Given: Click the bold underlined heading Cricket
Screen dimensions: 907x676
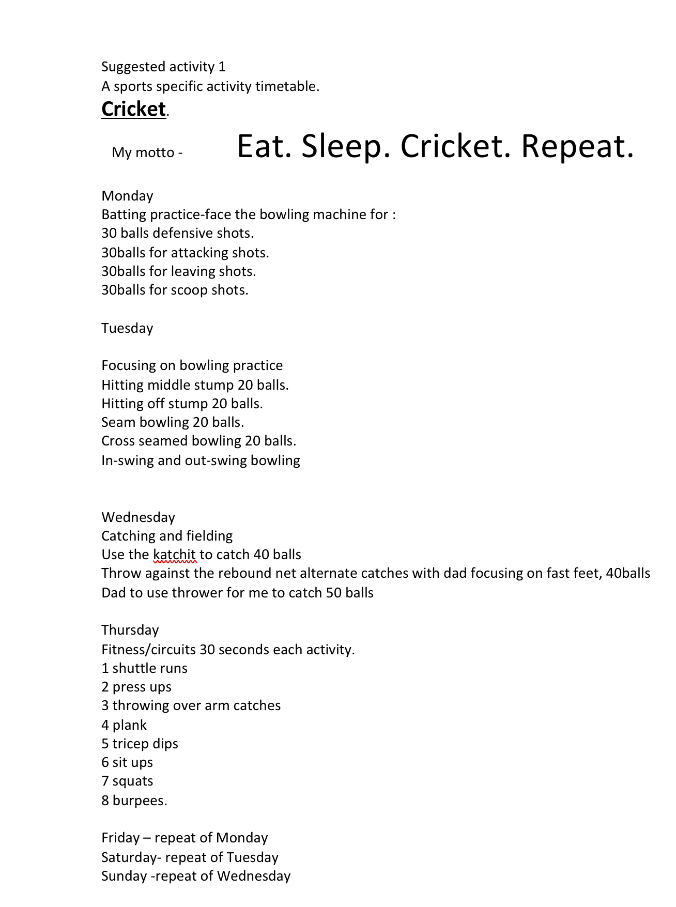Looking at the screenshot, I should coord(133,109).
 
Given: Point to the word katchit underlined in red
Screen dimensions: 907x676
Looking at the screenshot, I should coord(175,555).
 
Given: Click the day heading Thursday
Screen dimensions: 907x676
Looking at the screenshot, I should coord(130,630).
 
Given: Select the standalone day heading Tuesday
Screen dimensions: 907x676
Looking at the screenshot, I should coord(127,328).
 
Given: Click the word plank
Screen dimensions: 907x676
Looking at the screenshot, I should coord(129,725).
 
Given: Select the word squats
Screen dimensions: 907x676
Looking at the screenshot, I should coord(133,781).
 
